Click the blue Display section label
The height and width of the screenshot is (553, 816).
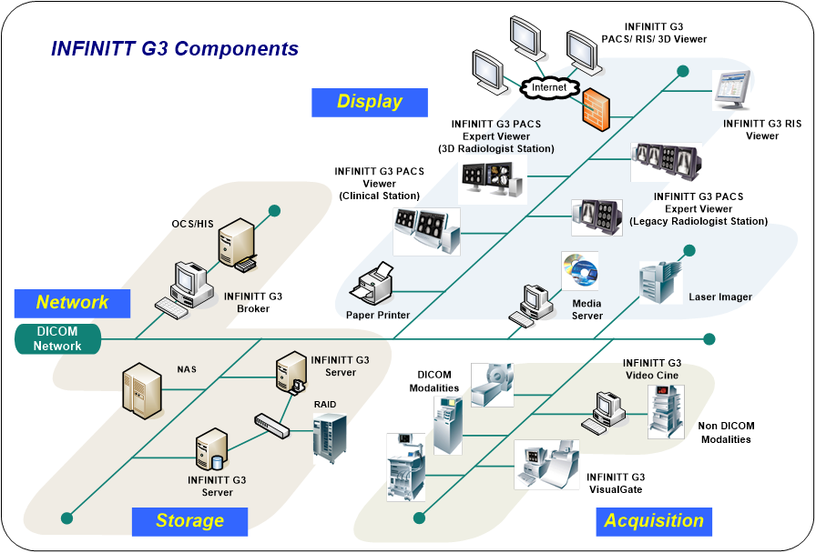[x=369, y=101]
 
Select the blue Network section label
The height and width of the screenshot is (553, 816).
[x=72, y=303]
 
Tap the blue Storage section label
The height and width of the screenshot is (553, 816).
[x=189, y=521]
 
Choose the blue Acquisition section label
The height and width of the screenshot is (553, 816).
[x=654, y=521]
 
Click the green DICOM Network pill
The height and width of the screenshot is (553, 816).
[x=57, y=339]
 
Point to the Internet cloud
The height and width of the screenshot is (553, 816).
[x=550, y=88]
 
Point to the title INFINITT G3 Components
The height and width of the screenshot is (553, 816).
[x=175, y=48]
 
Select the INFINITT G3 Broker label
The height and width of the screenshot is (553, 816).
[x=253, y=303]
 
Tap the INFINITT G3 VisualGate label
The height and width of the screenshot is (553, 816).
[x=616, y=483]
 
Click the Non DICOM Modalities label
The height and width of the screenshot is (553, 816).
[x=727, y=433]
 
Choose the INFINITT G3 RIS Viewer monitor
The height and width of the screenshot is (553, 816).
[x=738, y=93]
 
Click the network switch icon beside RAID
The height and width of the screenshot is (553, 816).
[x=272, y=423]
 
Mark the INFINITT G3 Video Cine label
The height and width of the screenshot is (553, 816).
[x=652, y=369]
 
